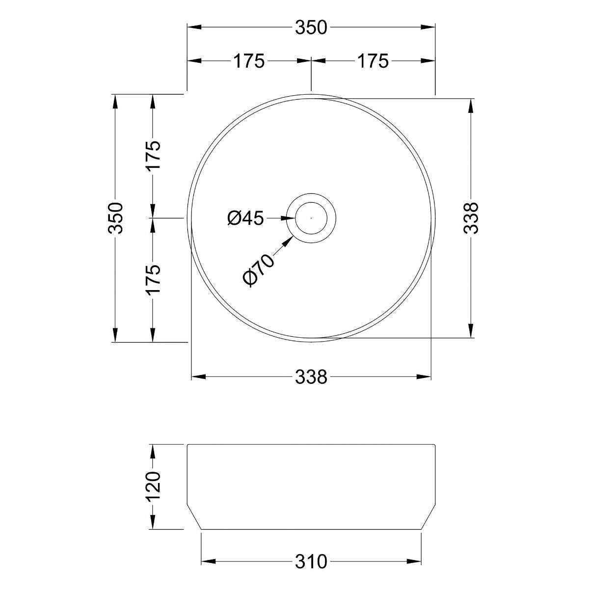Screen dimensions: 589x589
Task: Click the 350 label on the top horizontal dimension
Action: point(311,28)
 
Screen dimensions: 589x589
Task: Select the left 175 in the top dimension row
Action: point(248,61)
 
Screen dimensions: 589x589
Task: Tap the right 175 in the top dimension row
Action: point(373,61)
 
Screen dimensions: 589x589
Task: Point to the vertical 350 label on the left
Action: point(116,217)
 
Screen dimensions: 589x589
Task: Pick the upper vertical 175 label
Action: point(153,156)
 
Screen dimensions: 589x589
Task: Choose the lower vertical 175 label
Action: point(153,279)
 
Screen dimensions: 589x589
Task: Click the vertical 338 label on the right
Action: point(471,218)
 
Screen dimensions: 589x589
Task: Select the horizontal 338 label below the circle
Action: point(311,377)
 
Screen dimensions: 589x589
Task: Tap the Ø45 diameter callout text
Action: point(245,218)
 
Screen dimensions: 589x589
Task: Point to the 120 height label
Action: point(153,485)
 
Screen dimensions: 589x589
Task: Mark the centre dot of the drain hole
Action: point(311,217)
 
